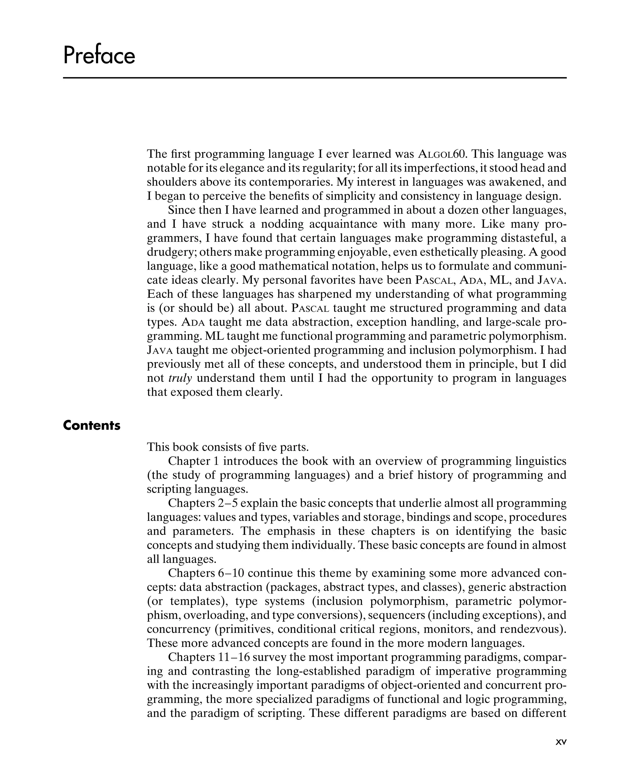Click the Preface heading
[x=99, y=56]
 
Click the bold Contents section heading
[x=91, y=425]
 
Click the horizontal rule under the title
[x=315, y=78]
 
